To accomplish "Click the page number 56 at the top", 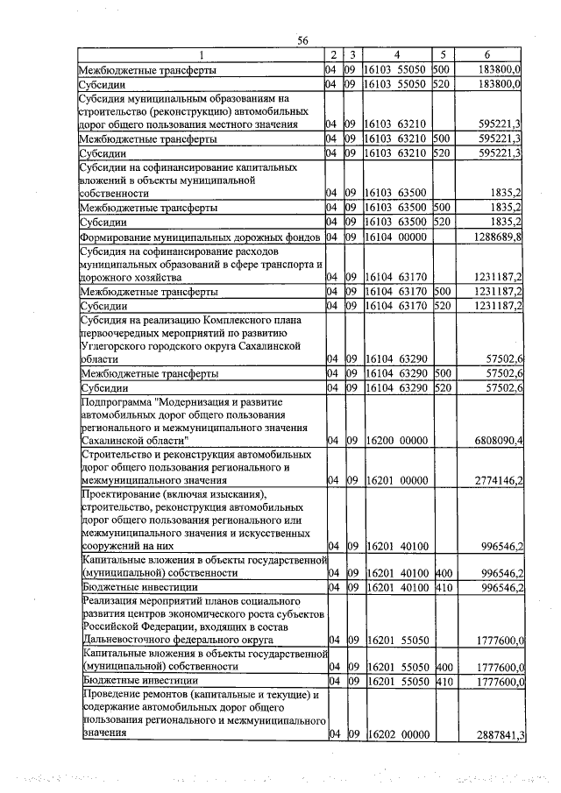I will pos(303,41).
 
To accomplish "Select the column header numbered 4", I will pos(396,55).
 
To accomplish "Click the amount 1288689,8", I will pos(496,237).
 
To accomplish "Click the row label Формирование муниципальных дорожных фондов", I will pos(200,237).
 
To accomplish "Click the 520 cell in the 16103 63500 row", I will pos(443,222).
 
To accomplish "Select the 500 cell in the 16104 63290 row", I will pos(443,373).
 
